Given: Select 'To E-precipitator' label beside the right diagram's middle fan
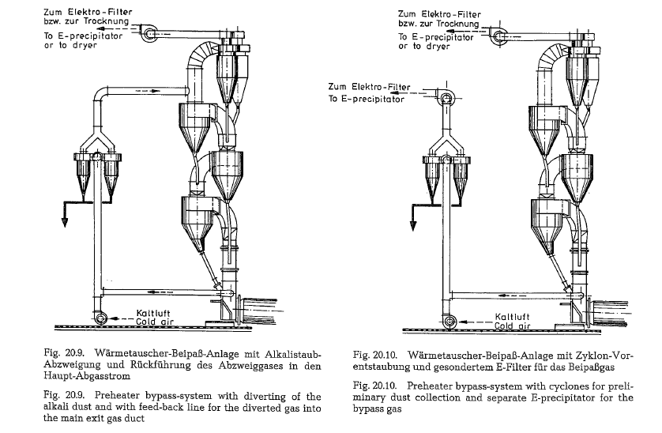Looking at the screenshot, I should coord(367,100).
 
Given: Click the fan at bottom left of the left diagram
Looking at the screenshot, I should coord(101,318).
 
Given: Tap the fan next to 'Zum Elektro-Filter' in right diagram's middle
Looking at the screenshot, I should coord(447,98).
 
